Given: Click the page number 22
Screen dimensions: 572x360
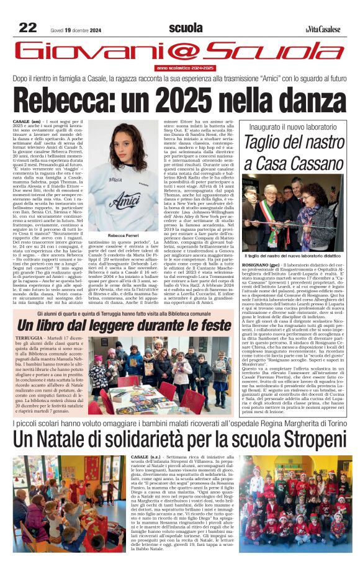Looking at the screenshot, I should pos(27,27).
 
